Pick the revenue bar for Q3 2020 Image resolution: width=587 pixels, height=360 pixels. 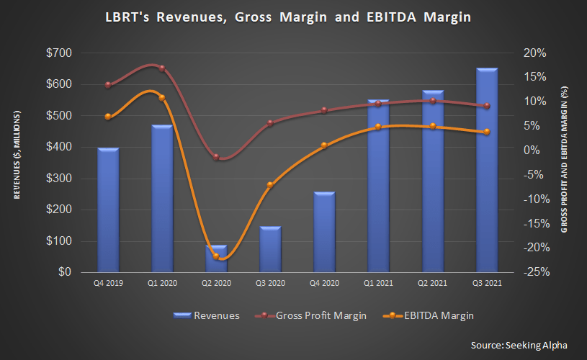click(x=270, y=249)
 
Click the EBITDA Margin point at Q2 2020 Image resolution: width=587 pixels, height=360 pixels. click(x=216, y=256)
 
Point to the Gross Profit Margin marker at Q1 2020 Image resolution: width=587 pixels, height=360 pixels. click(x=162, y=68)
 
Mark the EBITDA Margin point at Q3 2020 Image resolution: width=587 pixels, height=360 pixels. click(x=270, y=185)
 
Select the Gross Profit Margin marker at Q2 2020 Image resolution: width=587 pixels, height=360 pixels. click(x=216, y=157)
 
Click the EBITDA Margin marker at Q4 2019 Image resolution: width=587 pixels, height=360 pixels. click(x=108, y=117)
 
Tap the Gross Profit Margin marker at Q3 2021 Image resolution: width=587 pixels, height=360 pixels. click(x=487, y=106)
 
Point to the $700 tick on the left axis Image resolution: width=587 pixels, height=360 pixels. click(x=59, y=53)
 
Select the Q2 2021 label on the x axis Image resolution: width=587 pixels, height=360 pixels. click(x=433, y=284)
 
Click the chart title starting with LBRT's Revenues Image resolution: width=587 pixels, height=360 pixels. click(x=292, y=17)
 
